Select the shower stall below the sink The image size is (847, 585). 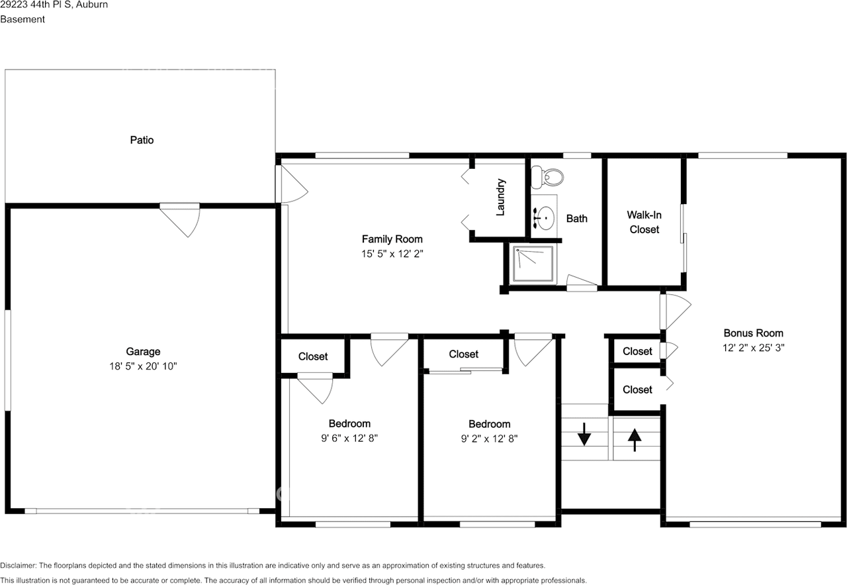click(533, 264)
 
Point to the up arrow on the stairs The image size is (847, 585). click(635, 440)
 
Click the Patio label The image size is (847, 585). click(142, 140)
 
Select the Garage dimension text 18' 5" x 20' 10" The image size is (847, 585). click(144, 366)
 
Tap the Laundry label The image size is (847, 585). click(500, 197)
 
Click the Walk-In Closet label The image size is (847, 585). click(644, 222)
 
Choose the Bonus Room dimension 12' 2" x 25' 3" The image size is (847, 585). click(753, 347)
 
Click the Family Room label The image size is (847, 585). click(392, 239)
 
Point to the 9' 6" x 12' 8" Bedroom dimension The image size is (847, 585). click(349, 438)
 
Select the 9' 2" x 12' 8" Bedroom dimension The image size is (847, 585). click(489, 439)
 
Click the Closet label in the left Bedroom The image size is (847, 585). click(313, 356)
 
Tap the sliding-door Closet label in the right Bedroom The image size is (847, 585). click(463, 354)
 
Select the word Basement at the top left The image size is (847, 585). click(22, 19)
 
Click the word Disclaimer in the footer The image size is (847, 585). click(18, 566)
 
